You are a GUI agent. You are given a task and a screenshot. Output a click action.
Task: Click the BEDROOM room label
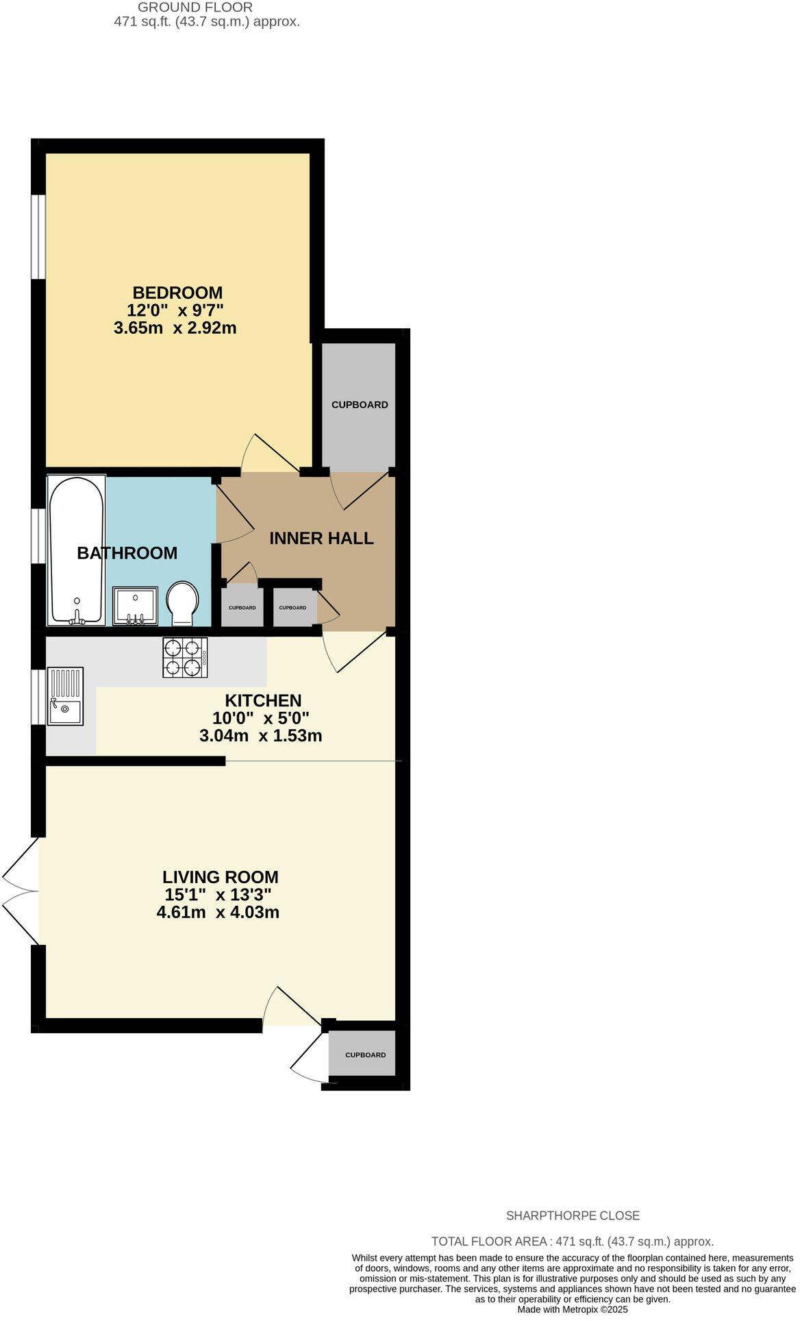(177, 293)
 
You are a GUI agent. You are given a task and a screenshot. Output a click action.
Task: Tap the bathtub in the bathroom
(76, 550)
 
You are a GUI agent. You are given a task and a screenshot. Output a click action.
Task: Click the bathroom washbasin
(135, 606)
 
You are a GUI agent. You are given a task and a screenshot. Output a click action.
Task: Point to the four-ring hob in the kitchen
(185, 658)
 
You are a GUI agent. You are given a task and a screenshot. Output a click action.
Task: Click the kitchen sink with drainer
(65, 696)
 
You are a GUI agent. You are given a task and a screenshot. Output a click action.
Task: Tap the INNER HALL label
(321, 539)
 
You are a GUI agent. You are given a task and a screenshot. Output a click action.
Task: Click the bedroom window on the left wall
(38, 237)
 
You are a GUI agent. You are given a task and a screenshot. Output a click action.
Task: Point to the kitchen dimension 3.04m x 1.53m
(260, 737)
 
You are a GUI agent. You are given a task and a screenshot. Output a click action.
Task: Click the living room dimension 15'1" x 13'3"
(218, 895)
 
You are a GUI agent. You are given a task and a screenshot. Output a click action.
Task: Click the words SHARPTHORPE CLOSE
(572, 1216)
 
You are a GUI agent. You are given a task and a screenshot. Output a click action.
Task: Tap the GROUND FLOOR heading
(195, 8)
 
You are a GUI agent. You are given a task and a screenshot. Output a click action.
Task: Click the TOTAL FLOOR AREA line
(572, 1242)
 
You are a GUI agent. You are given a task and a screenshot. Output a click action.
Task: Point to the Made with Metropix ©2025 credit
(572, 1309)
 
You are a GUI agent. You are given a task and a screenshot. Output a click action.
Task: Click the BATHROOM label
(127, 553)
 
